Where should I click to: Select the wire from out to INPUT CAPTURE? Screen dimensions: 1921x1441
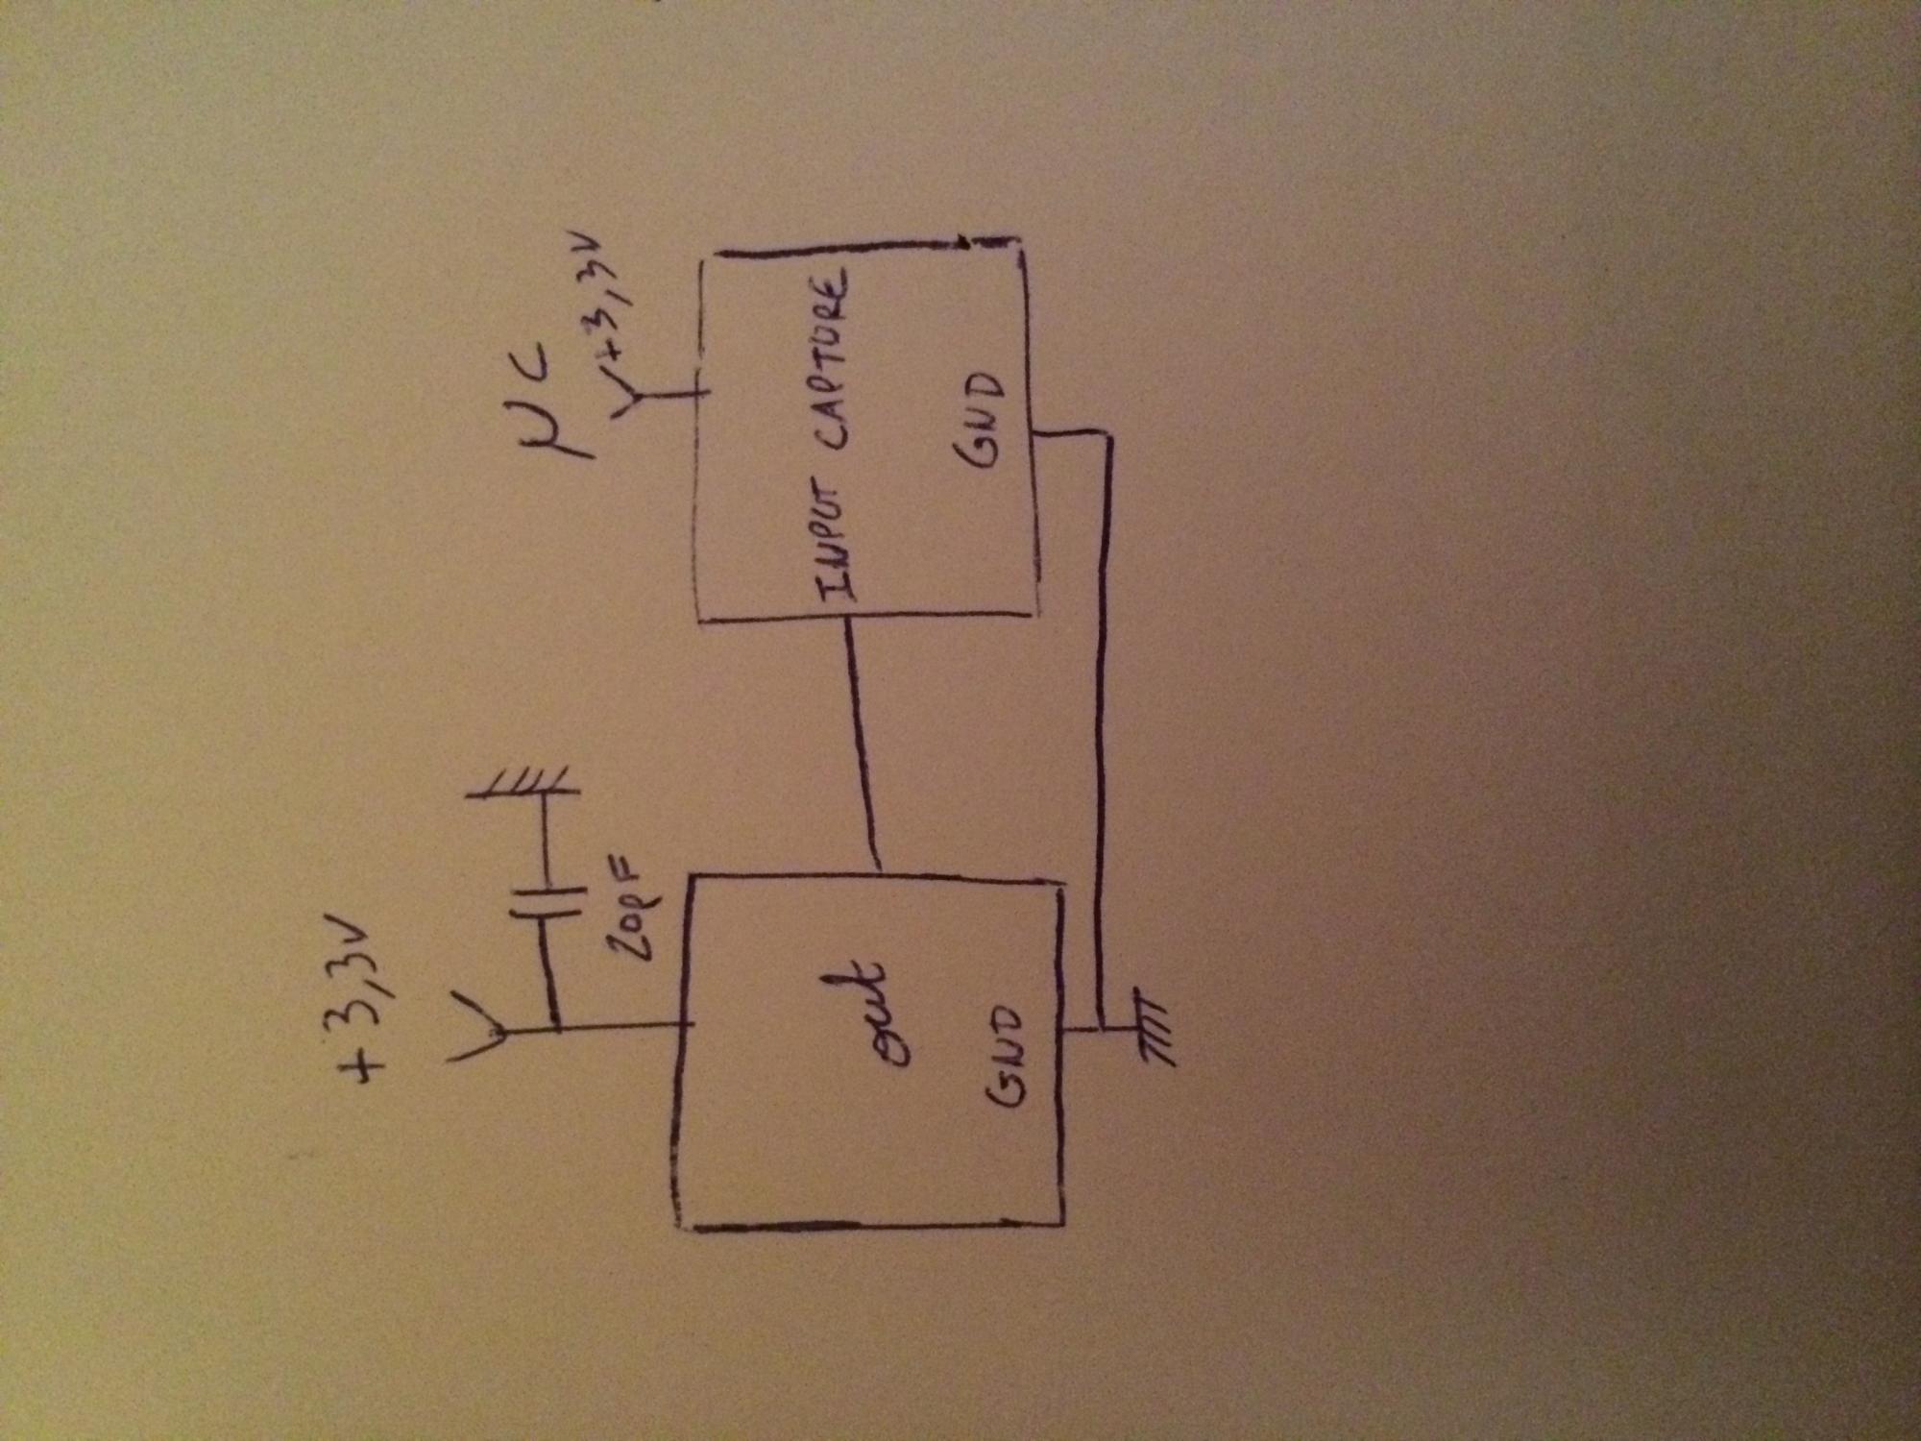click(861, 745)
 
